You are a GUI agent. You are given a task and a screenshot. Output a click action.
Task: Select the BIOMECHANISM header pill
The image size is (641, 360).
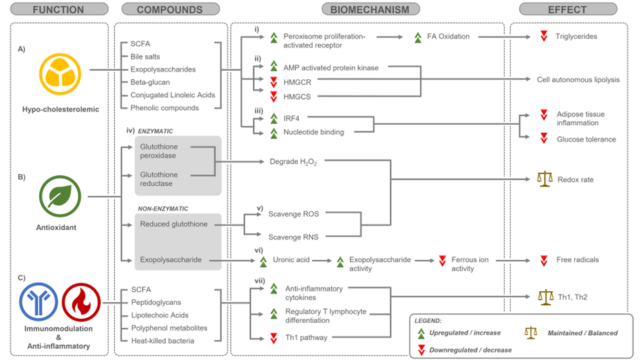[x=370, y=10]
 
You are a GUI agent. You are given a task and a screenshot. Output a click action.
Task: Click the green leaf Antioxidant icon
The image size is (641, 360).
[x=60, y=196]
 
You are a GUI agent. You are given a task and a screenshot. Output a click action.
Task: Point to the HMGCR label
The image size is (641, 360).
[x=297, y=81]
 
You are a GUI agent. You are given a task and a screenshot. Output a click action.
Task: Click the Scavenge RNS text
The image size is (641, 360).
[x=293, y=237]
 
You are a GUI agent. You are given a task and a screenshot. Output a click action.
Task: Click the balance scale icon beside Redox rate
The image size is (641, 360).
[x=545, y=180]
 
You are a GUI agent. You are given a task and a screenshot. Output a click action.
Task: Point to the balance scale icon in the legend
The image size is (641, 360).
[x=530, y=332]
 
